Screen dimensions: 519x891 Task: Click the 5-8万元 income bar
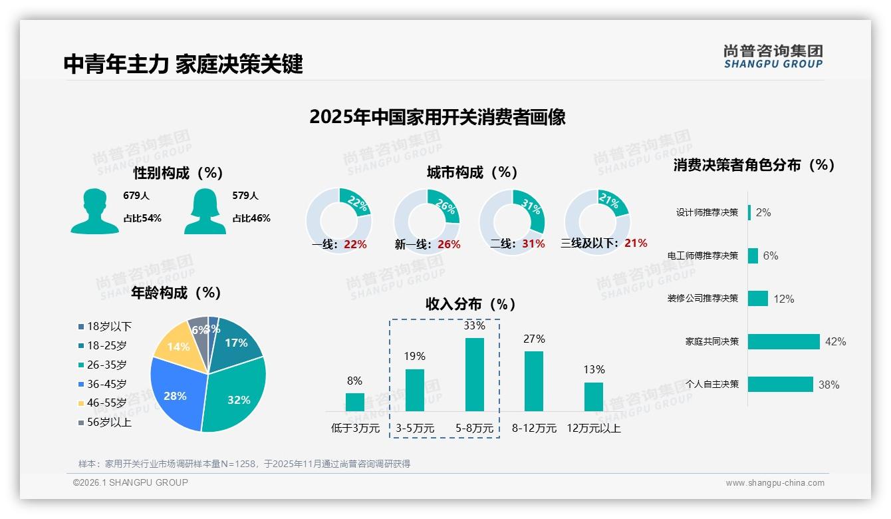click(x=474, y=375)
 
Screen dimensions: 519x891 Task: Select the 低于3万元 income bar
click(x=354, y=402)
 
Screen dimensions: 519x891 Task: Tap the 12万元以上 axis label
click(x=593, y=429)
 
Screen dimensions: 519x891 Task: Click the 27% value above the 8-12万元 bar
click(x=534, y=339)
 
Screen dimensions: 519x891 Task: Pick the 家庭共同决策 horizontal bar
click(x=784, y=341)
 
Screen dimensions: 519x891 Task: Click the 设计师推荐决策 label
click(x=707, y=213)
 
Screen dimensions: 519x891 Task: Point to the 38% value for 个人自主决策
click(x=828, y=385)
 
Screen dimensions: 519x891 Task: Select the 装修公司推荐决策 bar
click(x=758, y=299)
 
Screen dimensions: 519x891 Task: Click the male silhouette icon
click(x=95, y=212)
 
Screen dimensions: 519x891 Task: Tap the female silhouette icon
click(x=205, y=212)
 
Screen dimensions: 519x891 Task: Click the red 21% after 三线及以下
click(x=636, y=244)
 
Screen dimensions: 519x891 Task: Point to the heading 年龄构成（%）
click(x=176, y=293)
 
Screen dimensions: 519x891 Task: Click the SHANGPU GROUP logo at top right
click(x=773, y=57)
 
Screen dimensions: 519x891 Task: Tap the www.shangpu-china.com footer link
click(x=775, y=483)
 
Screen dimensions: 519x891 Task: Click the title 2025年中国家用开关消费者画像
click(x=437, y=118)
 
